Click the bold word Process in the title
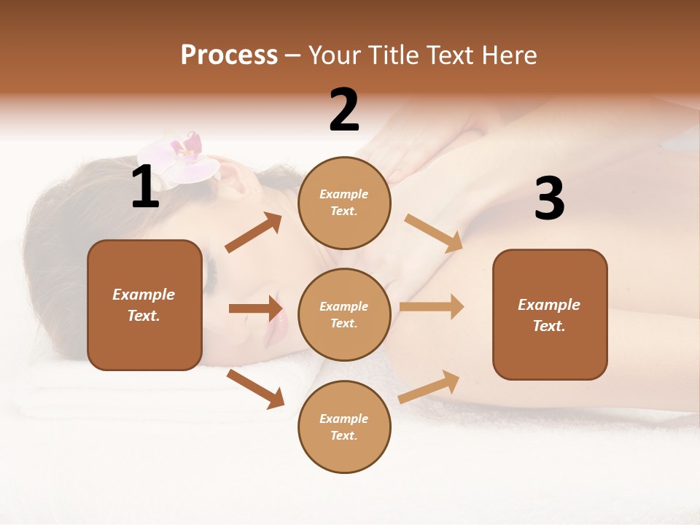229,55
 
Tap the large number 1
145,188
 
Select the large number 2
344,111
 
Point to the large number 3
549,198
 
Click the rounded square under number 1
144,305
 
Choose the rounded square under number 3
550,314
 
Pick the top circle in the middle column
344,203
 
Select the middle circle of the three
344,314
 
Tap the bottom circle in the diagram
344,427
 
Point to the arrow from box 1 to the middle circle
255,308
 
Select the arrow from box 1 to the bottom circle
255,388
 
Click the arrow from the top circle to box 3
434,233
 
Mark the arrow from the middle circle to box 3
432,306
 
